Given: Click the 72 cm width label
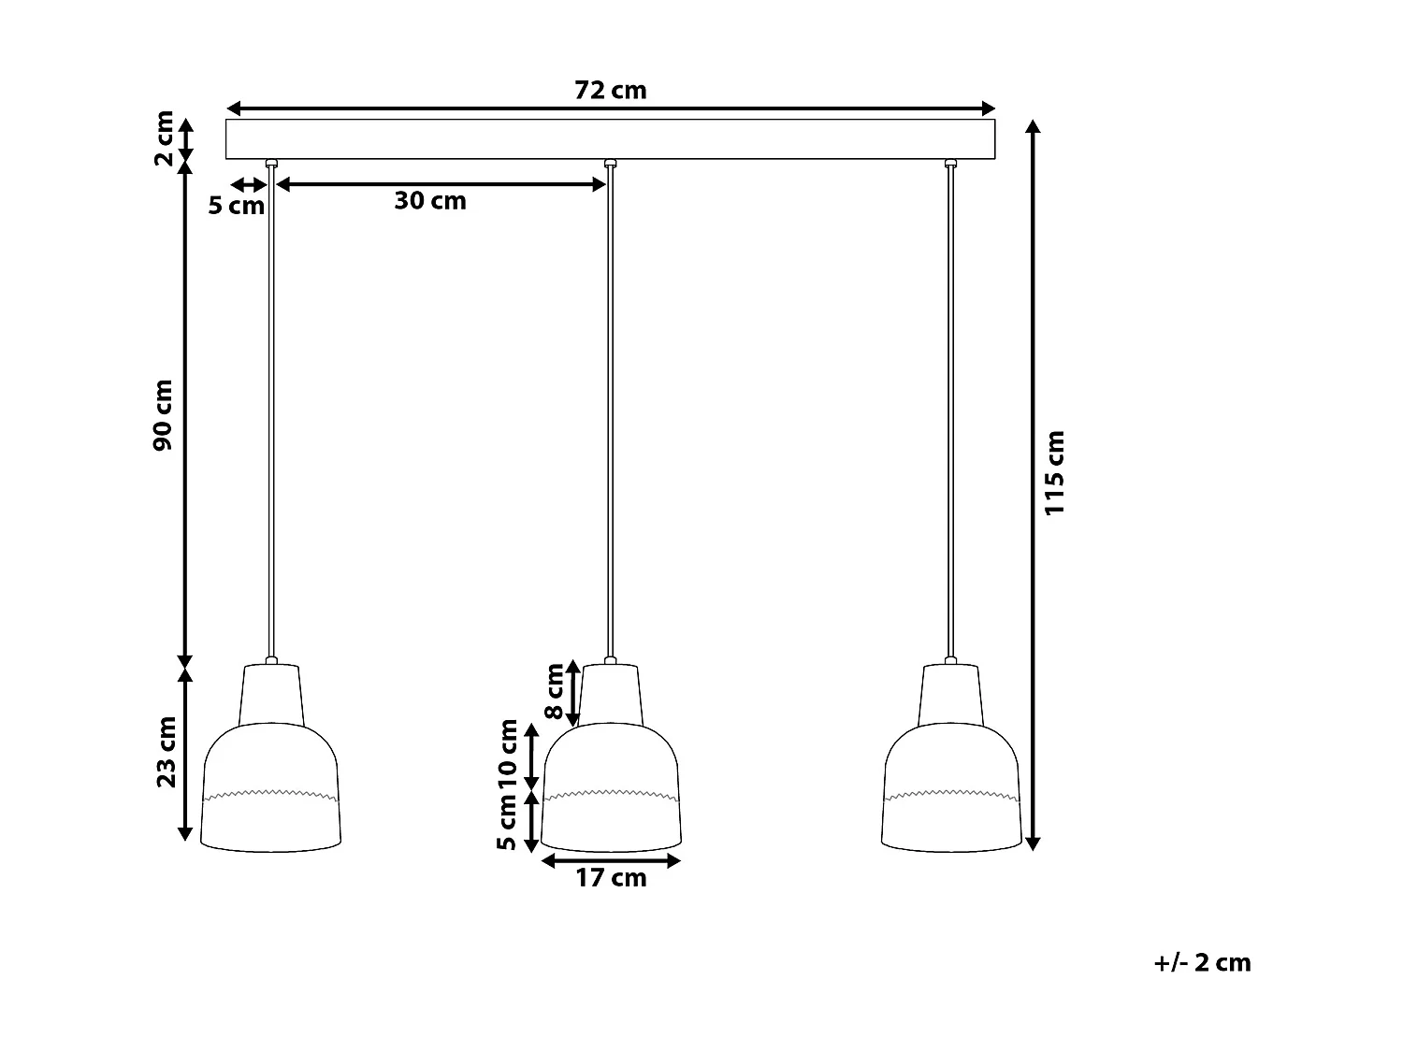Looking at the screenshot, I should point(610,91).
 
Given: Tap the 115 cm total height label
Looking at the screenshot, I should point(1055,472).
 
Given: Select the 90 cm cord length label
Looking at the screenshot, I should point(165,414).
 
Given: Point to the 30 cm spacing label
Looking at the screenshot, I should point(429,200).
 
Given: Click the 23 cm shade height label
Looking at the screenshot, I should point(166,752).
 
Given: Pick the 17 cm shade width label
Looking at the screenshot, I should point(611,878).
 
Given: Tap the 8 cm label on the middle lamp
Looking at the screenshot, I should point(556,691).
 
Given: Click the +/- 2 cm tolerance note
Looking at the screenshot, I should point(1202,962).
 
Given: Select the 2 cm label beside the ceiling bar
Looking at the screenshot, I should point(163,137).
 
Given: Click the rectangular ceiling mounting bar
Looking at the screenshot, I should point(610,139).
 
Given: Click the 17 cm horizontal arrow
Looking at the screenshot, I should point(611,859).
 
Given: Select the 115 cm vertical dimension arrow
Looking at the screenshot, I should point(1033,485).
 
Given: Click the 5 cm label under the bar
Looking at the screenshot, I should point(236,206).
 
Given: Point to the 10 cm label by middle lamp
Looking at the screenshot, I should point(509,754).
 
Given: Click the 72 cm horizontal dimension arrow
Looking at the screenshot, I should point(610,108).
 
